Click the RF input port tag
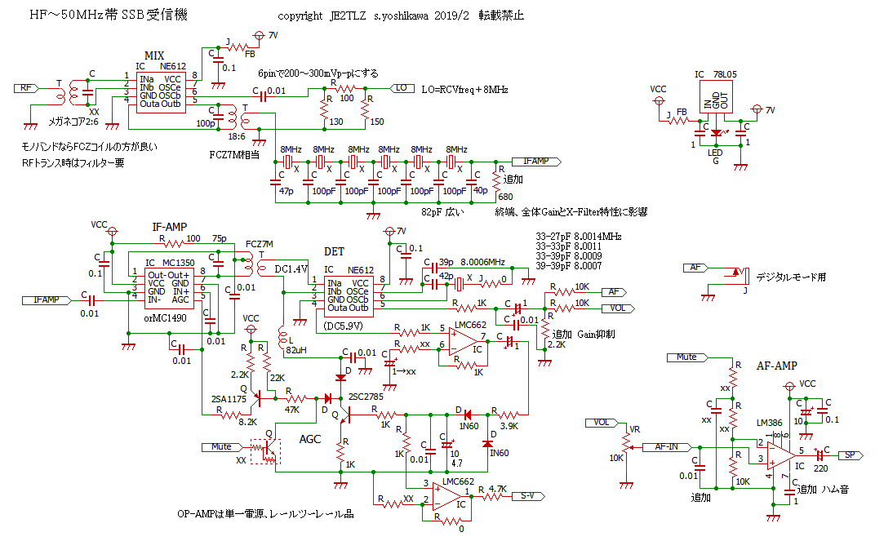(26, 88)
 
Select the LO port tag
(401, 88)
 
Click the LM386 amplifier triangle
(780, 454)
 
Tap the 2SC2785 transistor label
(365, 397)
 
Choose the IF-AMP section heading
(170, 225)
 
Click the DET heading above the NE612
(335, 251)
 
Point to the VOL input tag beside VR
(601, 423)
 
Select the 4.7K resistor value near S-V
(498, 489)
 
